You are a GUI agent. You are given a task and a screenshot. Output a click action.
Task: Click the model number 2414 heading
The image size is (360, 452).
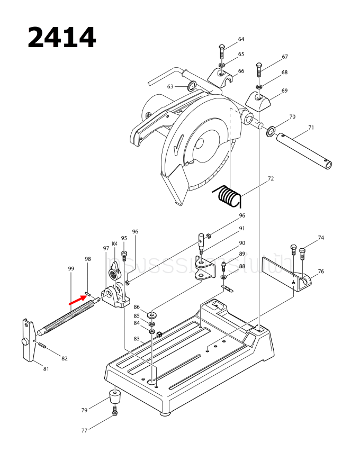point(61,38)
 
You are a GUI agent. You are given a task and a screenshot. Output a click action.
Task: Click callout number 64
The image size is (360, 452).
point(241,40)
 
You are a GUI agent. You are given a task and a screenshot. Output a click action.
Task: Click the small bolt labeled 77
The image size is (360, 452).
point(115,412)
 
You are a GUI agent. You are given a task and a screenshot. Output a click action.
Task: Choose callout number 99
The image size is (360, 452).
point(71,269)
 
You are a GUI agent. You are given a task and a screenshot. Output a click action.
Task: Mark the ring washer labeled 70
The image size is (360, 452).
point(272,130)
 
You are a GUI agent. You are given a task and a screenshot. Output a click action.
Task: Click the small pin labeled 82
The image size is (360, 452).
point(42,346)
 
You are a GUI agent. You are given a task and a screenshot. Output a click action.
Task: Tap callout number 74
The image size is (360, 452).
point(321,238)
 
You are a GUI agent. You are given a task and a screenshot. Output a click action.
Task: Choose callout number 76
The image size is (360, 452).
point(321,272)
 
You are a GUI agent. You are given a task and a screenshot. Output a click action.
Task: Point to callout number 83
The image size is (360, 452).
point(137,339)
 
